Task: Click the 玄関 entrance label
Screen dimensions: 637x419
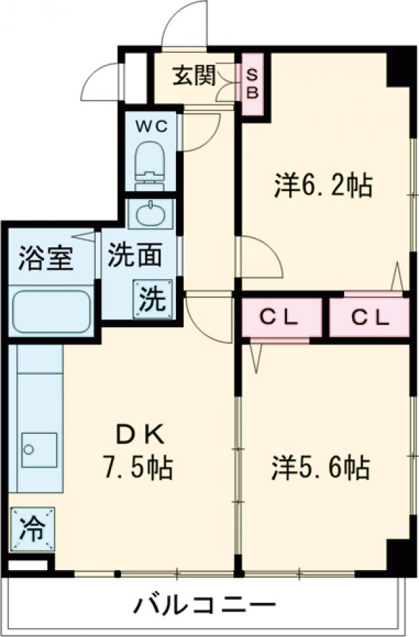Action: [x=196, y=75]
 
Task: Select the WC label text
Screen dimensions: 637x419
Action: [x=152, y=126]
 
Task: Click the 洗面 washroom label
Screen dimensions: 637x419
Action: [x=135, y=255]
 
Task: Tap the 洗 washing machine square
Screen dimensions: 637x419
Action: [x=152, y=299]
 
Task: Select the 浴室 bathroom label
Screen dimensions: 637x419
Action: [x=45, y=259]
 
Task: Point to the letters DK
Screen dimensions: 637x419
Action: [x=140, y=436]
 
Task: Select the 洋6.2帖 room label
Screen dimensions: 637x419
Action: [x=321, y=186]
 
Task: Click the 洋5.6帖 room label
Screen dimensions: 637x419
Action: [x=321, y=467]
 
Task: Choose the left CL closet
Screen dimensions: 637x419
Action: [x=280, y=317]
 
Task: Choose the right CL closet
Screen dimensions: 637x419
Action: [x=369, y=317]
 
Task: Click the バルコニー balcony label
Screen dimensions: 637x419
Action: [x=205, y=604]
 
